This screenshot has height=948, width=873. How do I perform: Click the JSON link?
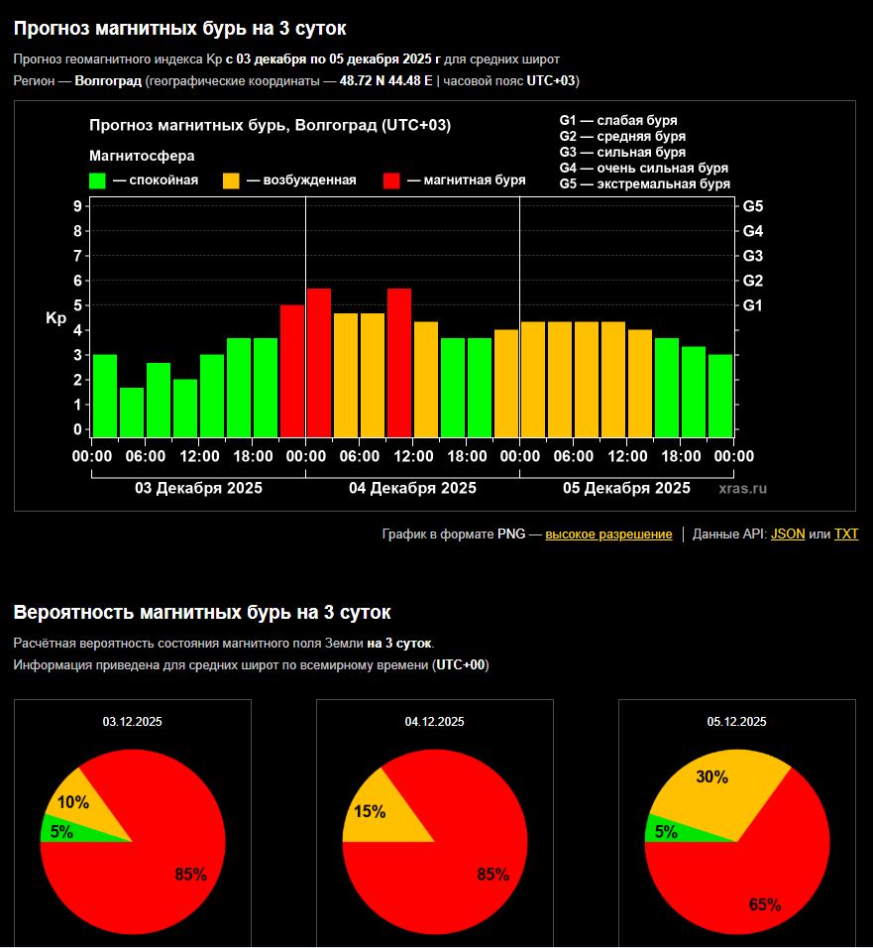click(x=788, y=534)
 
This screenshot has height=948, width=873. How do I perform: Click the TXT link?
click(x=845, y=534)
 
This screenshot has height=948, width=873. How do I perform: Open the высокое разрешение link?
click(x=608, y=534)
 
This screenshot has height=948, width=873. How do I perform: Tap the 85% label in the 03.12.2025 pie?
click(x=190, y=875)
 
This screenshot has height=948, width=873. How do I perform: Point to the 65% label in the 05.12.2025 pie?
click(x=765, y=904)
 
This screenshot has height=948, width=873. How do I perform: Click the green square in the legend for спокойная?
click(x=97, y=180)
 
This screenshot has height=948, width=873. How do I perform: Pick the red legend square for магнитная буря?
click(x=392, y=180)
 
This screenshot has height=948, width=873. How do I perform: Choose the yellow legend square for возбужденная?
click(x=231, y=180)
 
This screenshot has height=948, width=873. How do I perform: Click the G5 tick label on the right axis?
click(x=752, y=206)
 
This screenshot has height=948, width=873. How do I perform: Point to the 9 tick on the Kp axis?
click(x=77, y=206)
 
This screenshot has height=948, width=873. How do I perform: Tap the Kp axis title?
click(x=55, y=318)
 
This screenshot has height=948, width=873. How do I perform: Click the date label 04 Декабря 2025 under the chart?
click(x=412, y=488)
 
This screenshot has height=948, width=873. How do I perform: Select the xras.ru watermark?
click(x=742, y=489)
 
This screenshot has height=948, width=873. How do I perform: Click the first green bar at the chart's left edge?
click(x=105, y=395)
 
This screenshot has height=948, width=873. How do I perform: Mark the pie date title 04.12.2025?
click(x=434, y=722)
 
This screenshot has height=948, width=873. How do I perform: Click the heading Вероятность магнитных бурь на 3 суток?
click(x=202, y=613)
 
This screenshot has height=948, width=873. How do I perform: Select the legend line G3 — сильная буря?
click(x=621, y=152)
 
